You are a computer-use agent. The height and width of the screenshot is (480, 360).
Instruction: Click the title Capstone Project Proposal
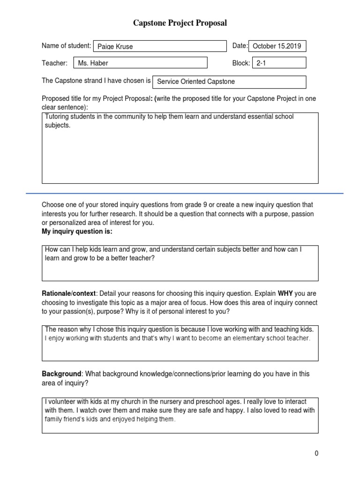pos(180,23)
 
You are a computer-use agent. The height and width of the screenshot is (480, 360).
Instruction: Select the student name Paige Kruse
pos(115,46)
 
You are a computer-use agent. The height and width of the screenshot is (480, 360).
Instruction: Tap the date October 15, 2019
pos(277,46)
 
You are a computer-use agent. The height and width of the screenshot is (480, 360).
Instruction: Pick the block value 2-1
pos(261,63)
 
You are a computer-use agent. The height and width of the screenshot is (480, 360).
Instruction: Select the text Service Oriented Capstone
pos(195,82)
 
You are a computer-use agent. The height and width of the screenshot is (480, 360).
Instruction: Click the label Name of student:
pos(66,45)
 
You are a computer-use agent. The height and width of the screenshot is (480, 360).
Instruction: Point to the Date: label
pos(240,45)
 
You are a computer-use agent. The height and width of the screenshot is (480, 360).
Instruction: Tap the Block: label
pos(241,63)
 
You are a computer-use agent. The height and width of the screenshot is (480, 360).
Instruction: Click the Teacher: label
pos(54,63)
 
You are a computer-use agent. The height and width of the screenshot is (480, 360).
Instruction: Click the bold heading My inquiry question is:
pos(77,232)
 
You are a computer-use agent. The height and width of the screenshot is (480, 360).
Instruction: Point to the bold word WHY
pos(285,293)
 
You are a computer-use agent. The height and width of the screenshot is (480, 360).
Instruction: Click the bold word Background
pos(61,374)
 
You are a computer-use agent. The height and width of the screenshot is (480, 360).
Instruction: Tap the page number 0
pos(316,453)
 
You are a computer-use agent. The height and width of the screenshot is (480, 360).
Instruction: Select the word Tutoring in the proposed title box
pos(58,116)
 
